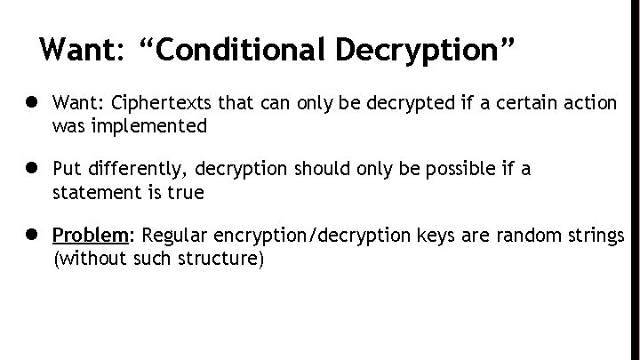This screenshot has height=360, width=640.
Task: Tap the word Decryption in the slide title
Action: coord(422,50)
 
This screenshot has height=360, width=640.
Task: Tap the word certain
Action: coord(516,104)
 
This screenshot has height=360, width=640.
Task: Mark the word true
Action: coord(185,192)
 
